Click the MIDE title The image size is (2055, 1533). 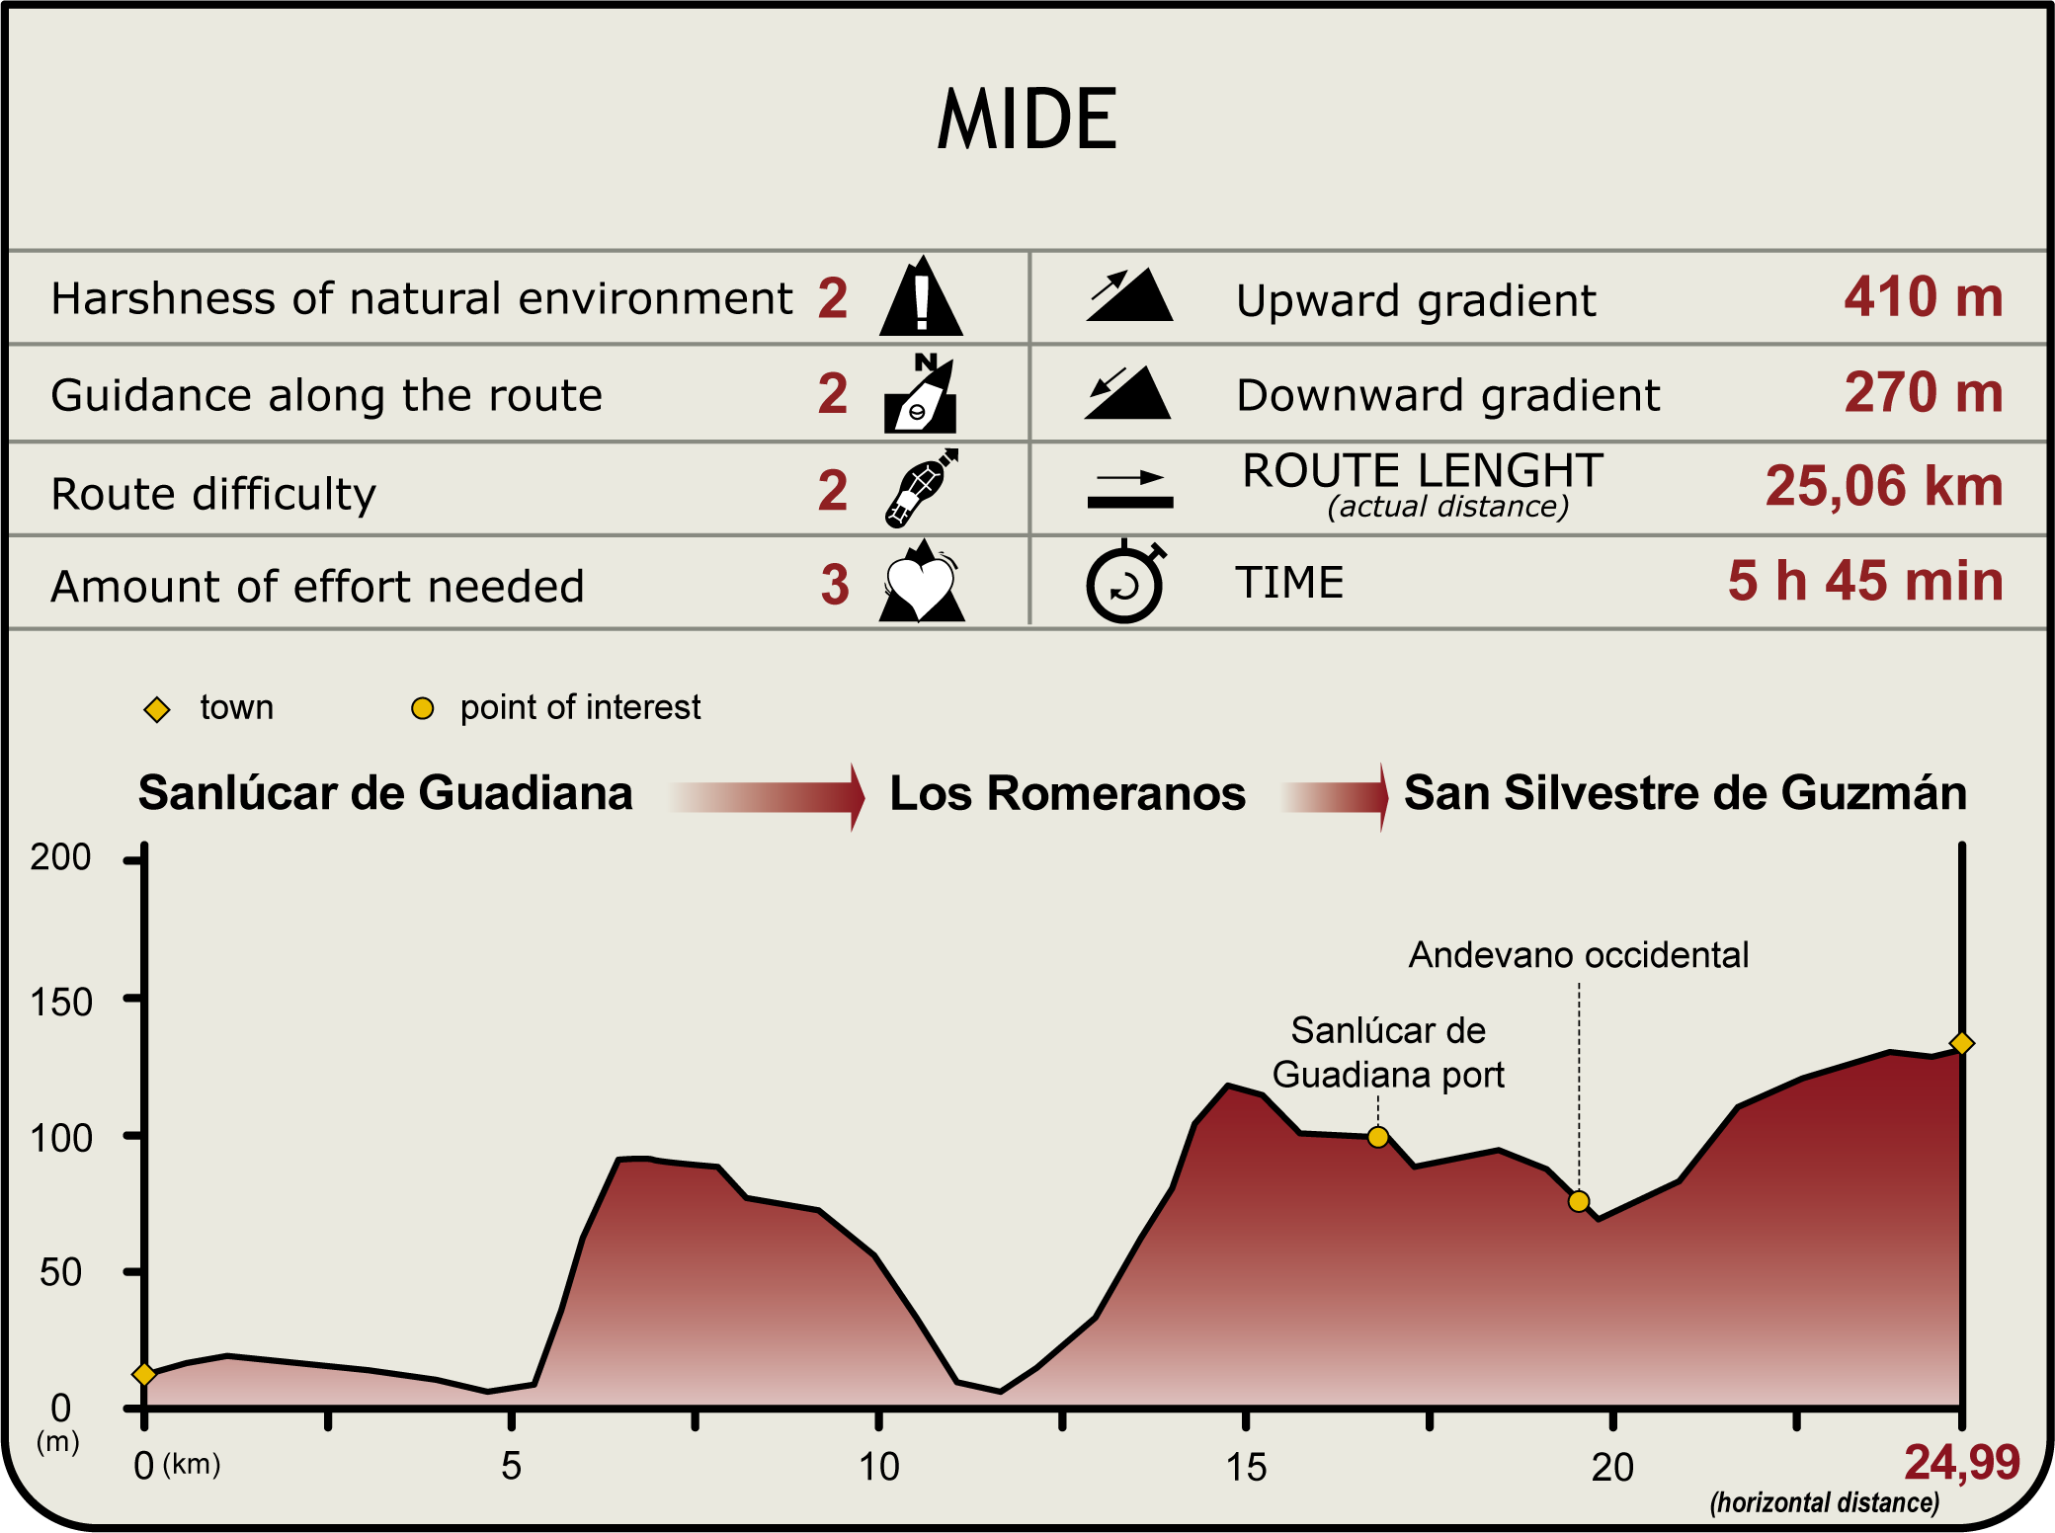coord(1027,120)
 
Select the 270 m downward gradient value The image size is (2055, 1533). coord(1923,392)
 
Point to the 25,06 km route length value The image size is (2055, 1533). coord(1883,486)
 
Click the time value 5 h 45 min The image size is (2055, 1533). coord(1865,581)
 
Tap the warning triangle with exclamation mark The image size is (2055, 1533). coord(921,297)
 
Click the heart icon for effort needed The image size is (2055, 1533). coord(921,585)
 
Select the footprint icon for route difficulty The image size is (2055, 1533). coord(921,488)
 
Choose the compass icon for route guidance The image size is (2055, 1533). coord(921,395)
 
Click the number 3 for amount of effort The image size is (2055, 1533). coord(835,585)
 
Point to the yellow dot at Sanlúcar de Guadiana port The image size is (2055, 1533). coord(1377,1137)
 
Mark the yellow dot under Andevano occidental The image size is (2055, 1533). coord(1579,1201)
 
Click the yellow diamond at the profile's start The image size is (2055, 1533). coord(144,1374)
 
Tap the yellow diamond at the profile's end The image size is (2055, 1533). coord(1962,1043)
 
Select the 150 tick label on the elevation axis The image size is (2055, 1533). coord(61,1002)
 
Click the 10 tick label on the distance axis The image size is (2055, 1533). coord(878,1467)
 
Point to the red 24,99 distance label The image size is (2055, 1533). coord(1961,1462)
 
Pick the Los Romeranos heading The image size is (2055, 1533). coord(1067,793)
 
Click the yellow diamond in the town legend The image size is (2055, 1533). coord(157,709)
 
